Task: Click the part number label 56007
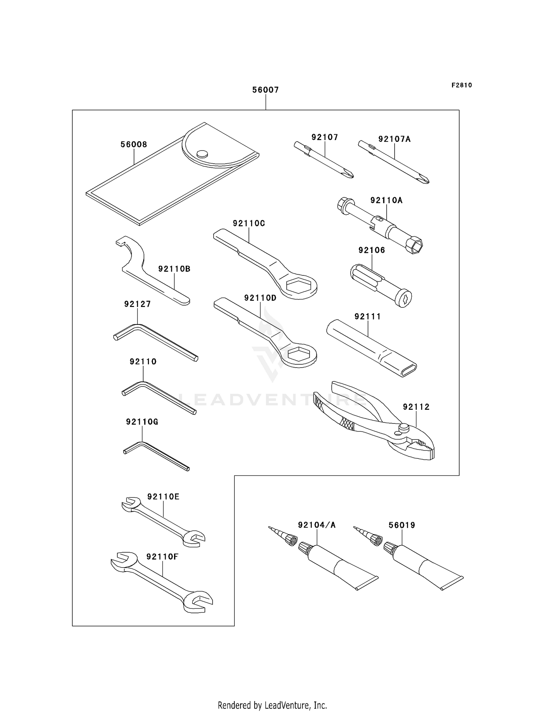(266, 90)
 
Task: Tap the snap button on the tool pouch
(202, 154)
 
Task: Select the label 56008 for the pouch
(134, 144)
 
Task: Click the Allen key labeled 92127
(156, 341)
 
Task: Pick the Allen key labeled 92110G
(156, 455)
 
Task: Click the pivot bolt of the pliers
(402, 428)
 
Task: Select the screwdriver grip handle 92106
(380, 285)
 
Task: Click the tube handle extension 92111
(371, 347)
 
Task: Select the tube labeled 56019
(423, 568)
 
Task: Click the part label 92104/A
(316, 525)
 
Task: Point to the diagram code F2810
(461, 85)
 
